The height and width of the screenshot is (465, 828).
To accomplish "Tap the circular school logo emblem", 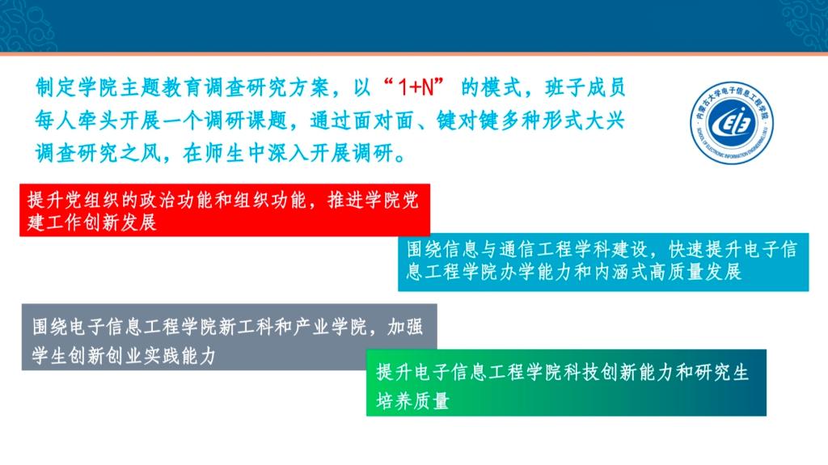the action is [x=732, y=123].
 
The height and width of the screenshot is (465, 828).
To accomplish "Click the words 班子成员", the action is [x=585, y=87].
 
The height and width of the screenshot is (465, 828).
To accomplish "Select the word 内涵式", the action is [x=621, y=272].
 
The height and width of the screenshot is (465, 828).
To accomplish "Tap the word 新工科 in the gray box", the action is [x=246, y=327].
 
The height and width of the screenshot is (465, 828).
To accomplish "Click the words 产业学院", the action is [x=330, y=327].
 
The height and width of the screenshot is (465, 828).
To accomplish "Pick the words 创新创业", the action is [x=106, y=356].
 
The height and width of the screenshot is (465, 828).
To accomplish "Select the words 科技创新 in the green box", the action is [x=600, y=372].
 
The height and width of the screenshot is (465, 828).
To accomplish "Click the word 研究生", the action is [x=722, y=372].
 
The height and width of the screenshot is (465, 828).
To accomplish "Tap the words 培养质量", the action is [x=413, y=401].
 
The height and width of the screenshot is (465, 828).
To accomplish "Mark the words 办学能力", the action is [x=537, y=272].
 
